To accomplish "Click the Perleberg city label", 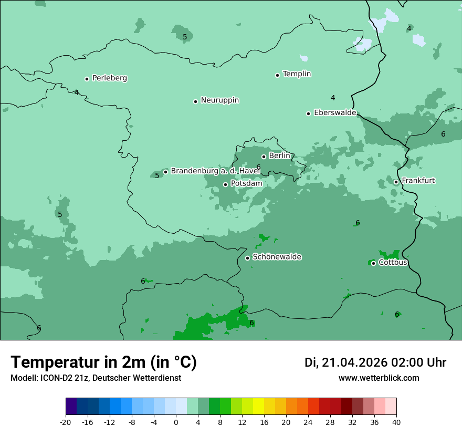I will tap(109, 78).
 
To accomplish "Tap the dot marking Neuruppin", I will tap(195, 101).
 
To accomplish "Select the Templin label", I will tap(297, 74).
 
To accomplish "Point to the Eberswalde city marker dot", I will tap(309, 113).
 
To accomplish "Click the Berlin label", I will tap(279, 156).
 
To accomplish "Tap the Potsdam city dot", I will tap(226, 184).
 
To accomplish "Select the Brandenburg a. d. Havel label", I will tap(215, 171).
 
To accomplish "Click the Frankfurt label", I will tap(418, 181).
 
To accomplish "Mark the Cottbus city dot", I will tap(373, 263).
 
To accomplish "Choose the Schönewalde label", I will tap(277, 257).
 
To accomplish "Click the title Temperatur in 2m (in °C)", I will tap(104, 362).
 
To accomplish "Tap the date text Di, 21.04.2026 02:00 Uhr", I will tap(375, 362).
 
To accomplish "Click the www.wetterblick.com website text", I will tap(379, 378).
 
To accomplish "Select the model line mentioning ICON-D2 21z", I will tap(96, 378).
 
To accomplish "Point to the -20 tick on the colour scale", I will tap(66, 422).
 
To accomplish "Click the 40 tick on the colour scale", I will tap(396, 422).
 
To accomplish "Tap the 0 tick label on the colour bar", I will tap(176, 422).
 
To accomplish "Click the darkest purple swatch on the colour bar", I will tap(71, 407).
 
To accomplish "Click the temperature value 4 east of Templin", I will tap(333, 98).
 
